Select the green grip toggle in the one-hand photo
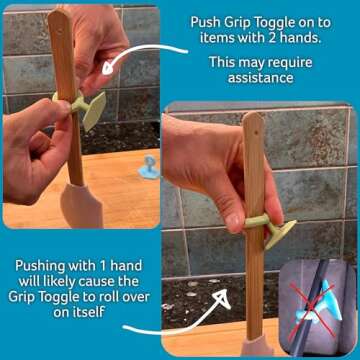click(268, 225)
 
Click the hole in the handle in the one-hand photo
click(253, 129)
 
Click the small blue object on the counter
click(148, 167)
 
